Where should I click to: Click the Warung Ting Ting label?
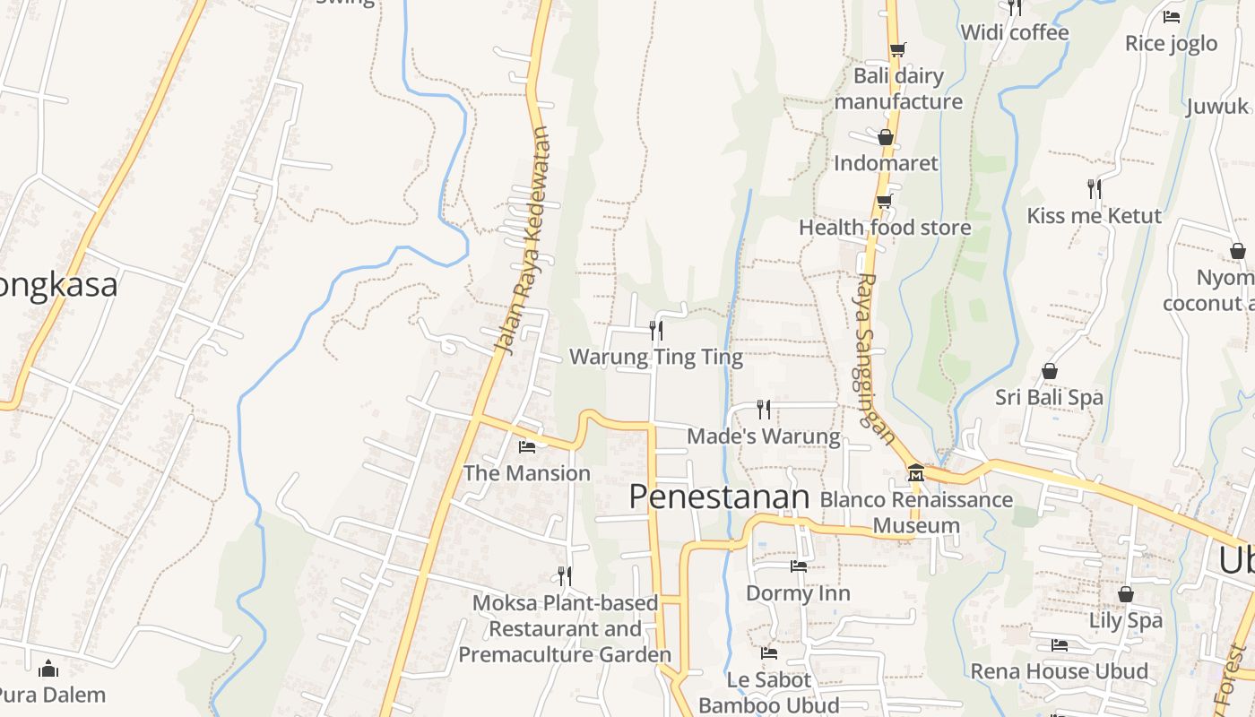click(656, 358)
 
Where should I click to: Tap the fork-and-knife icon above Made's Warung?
click(764, 410)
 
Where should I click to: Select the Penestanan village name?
click(719, 497)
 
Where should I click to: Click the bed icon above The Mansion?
click(527, 446)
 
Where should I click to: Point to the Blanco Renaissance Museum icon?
click(915, 472)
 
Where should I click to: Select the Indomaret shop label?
click(886, 163)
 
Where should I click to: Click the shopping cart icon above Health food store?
click(885, 201)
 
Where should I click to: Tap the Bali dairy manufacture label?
click(898, 89)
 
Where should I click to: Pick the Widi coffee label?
click(1014, 33)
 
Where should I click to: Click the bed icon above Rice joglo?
click(1171, 16)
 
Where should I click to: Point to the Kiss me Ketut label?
click(1094, 216)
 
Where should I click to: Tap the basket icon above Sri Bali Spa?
click(1049, 371)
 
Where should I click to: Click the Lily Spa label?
click(1125, 620)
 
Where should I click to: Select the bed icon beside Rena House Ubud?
click(1060, 645)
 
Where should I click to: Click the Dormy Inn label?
click(798, 593)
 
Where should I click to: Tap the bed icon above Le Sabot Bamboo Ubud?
click(769, 653)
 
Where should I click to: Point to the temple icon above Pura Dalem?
click(49, 669)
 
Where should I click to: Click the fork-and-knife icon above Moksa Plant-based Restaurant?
click(565, 575)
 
